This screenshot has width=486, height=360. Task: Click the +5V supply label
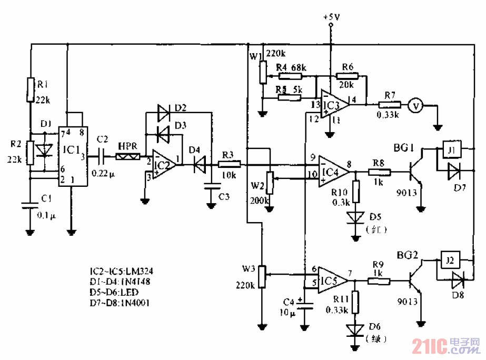[331, 17]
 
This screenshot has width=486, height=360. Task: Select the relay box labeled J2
[449, 261]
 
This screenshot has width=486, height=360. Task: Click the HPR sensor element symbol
[128, 156]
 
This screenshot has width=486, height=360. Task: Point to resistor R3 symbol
[229, 164]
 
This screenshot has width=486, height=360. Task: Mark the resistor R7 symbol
[390, 105]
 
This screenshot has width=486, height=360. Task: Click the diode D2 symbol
[163, 112]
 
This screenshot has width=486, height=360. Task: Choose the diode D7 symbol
[453, 170]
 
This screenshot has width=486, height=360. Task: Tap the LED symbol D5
[356, 217]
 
